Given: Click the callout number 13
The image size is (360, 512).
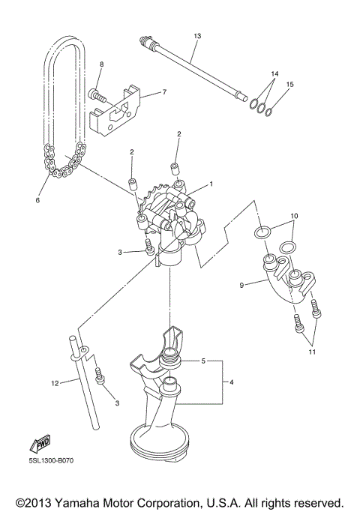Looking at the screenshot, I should pyautogui.click(x=197, y=35).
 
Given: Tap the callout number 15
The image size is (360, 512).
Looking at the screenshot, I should pyautogui.click(x=290, y=84).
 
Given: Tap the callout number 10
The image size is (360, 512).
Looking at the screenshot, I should pyautogui.click(x=294, y=216).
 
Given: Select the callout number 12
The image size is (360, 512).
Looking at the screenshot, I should pyautogui.click(x=55, y=383).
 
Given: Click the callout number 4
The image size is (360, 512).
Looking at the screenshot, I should pyautogui.click(x=232, y=382).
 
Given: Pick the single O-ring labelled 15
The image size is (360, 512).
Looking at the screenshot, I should pyautogui.click(x=274, y=112).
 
